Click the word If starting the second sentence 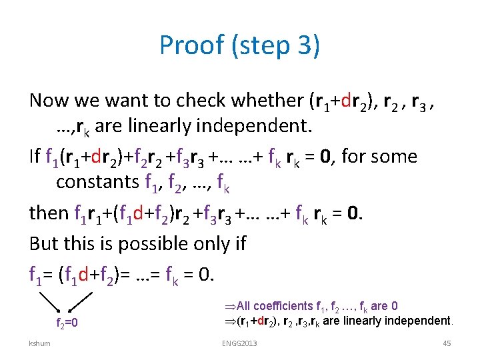[x=35, y=157]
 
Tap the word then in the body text [x=48, y=213]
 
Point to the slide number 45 [x=447, y=343]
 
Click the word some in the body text [x=395, y=157]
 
